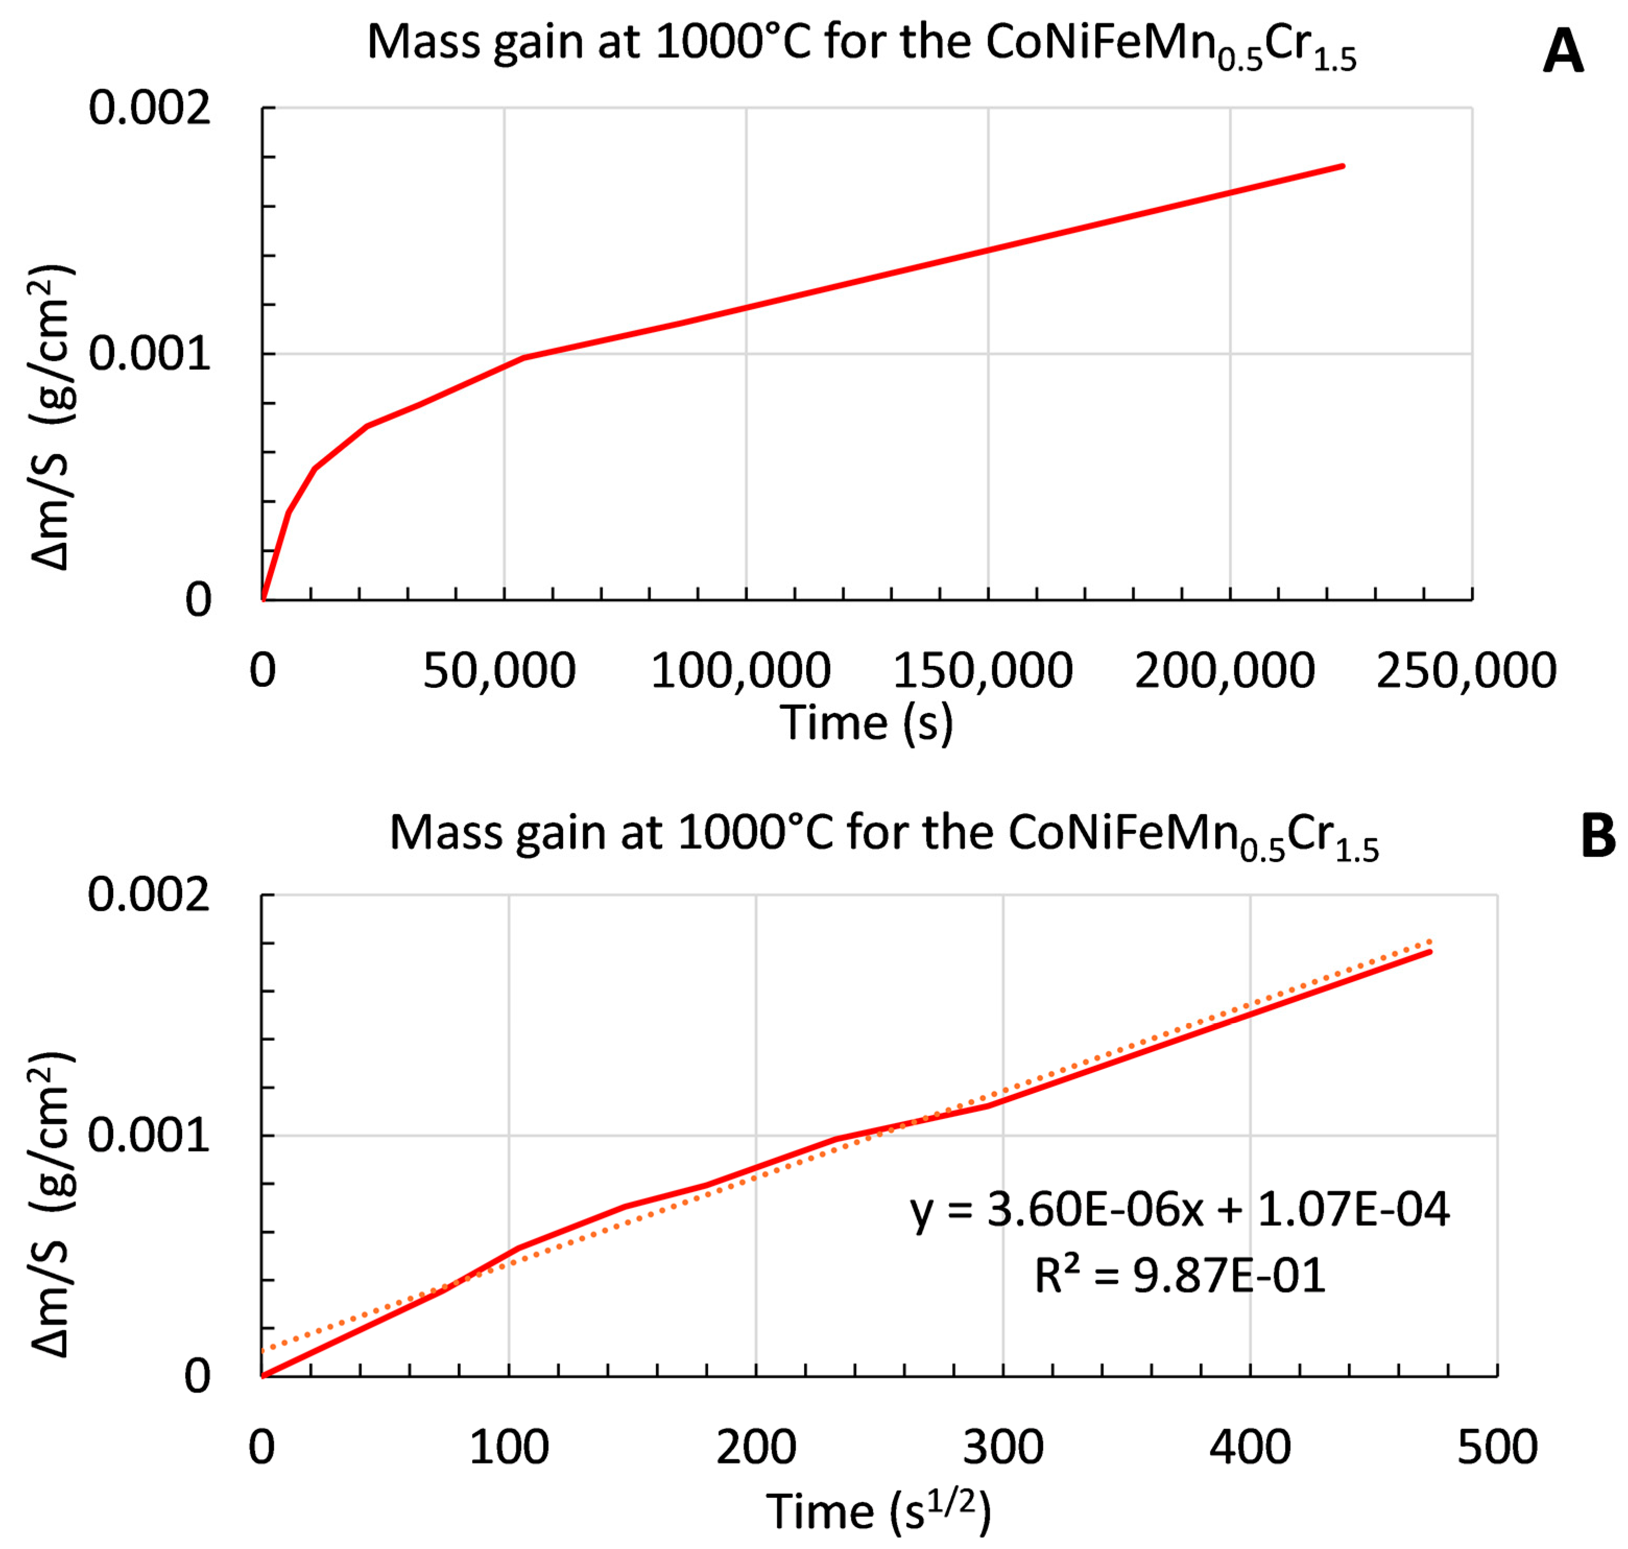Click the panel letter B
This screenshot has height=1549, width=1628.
[1597, 837]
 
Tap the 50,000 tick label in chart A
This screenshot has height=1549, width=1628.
[499, 671]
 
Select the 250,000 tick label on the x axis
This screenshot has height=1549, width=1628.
[1465, 671]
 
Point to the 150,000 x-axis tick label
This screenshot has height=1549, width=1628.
[983, 671]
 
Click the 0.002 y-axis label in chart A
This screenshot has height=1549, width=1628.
[149, 108]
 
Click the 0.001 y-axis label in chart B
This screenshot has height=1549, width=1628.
[149, 1135]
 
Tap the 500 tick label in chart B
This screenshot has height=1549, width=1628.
[1497, 1447]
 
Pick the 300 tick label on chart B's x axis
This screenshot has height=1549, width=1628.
[1003, 1447]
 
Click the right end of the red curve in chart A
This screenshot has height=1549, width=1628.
[1343, 166]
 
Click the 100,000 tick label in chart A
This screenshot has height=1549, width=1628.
[740, 671]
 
